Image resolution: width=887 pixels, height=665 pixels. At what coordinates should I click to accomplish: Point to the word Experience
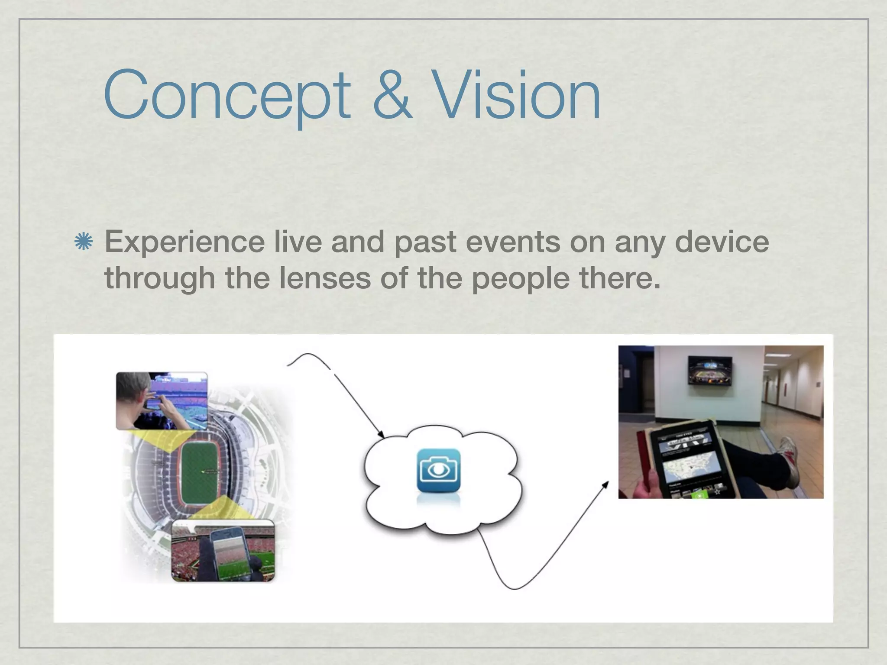pyautogui.click(x=184, y=242)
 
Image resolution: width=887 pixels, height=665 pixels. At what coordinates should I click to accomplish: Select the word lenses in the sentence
pyautogui.click(x=325, y=278)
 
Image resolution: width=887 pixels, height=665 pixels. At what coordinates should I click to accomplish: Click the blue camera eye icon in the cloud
pyautogui.click(x=438, y=471)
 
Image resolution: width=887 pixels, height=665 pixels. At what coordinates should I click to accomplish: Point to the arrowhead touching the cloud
pyautogui.click(x=382, y=434)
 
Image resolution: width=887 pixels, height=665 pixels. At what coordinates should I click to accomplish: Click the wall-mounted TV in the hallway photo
pyautogui.click(x=710, y=371)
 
